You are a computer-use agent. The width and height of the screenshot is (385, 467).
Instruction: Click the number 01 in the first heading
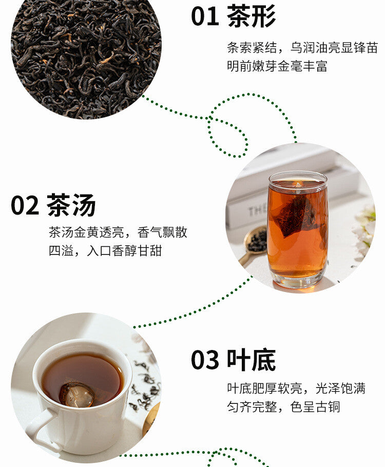205,16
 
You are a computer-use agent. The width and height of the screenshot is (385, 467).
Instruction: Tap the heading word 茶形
251,16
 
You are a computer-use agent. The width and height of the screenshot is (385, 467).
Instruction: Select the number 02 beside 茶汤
25,205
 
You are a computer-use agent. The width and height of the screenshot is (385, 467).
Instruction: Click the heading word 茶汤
71,205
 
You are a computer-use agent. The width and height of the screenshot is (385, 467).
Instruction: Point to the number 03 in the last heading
205,360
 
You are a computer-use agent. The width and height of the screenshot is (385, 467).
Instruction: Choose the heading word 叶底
251,359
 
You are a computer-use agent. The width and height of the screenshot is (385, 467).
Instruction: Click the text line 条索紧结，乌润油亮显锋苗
302,48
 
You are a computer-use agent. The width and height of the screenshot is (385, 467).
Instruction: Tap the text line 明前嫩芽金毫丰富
277,66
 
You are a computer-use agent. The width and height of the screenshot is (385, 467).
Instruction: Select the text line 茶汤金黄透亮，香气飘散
118,232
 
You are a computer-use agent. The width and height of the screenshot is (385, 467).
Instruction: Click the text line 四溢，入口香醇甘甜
105,251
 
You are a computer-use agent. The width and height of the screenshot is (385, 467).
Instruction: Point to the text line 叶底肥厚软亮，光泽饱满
296,388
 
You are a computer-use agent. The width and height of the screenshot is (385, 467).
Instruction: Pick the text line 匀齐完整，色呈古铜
283,407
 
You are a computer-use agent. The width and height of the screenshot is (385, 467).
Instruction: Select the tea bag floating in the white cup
78,394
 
